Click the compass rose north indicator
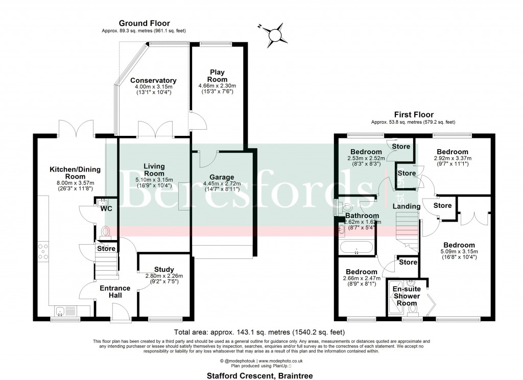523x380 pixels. [x=276, y=34]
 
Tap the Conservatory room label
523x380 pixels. [x=153, y=81]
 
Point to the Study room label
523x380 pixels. [x=163, y=269]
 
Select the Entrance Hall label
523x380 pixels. [x=115, y=292]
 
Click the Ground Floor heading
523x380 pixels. [x=144, y=23]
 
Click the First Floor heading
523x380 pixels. [x=414, y=115]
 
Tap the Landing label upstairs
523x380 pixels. [x=406, y=206]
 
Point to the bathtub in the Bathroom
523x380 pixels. [x=357, y=250]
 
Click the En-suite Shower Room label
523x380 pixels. [x=406, y=296]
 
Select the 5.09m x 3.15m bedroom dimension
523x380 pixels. [x=459, y=251]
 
